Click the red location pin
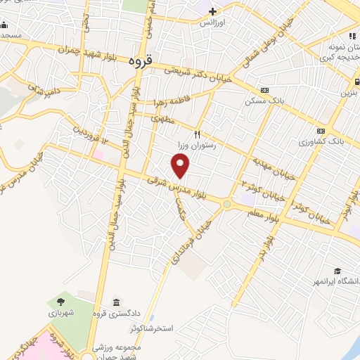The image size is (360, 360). (x=181, y=166)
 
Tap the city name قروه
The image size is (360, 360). (x=141, y=62)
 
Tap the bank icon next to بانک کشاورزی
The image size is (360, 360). (x=321, y=131)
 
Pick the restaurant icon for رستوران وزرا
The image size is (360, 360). (x=198, y=134)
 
